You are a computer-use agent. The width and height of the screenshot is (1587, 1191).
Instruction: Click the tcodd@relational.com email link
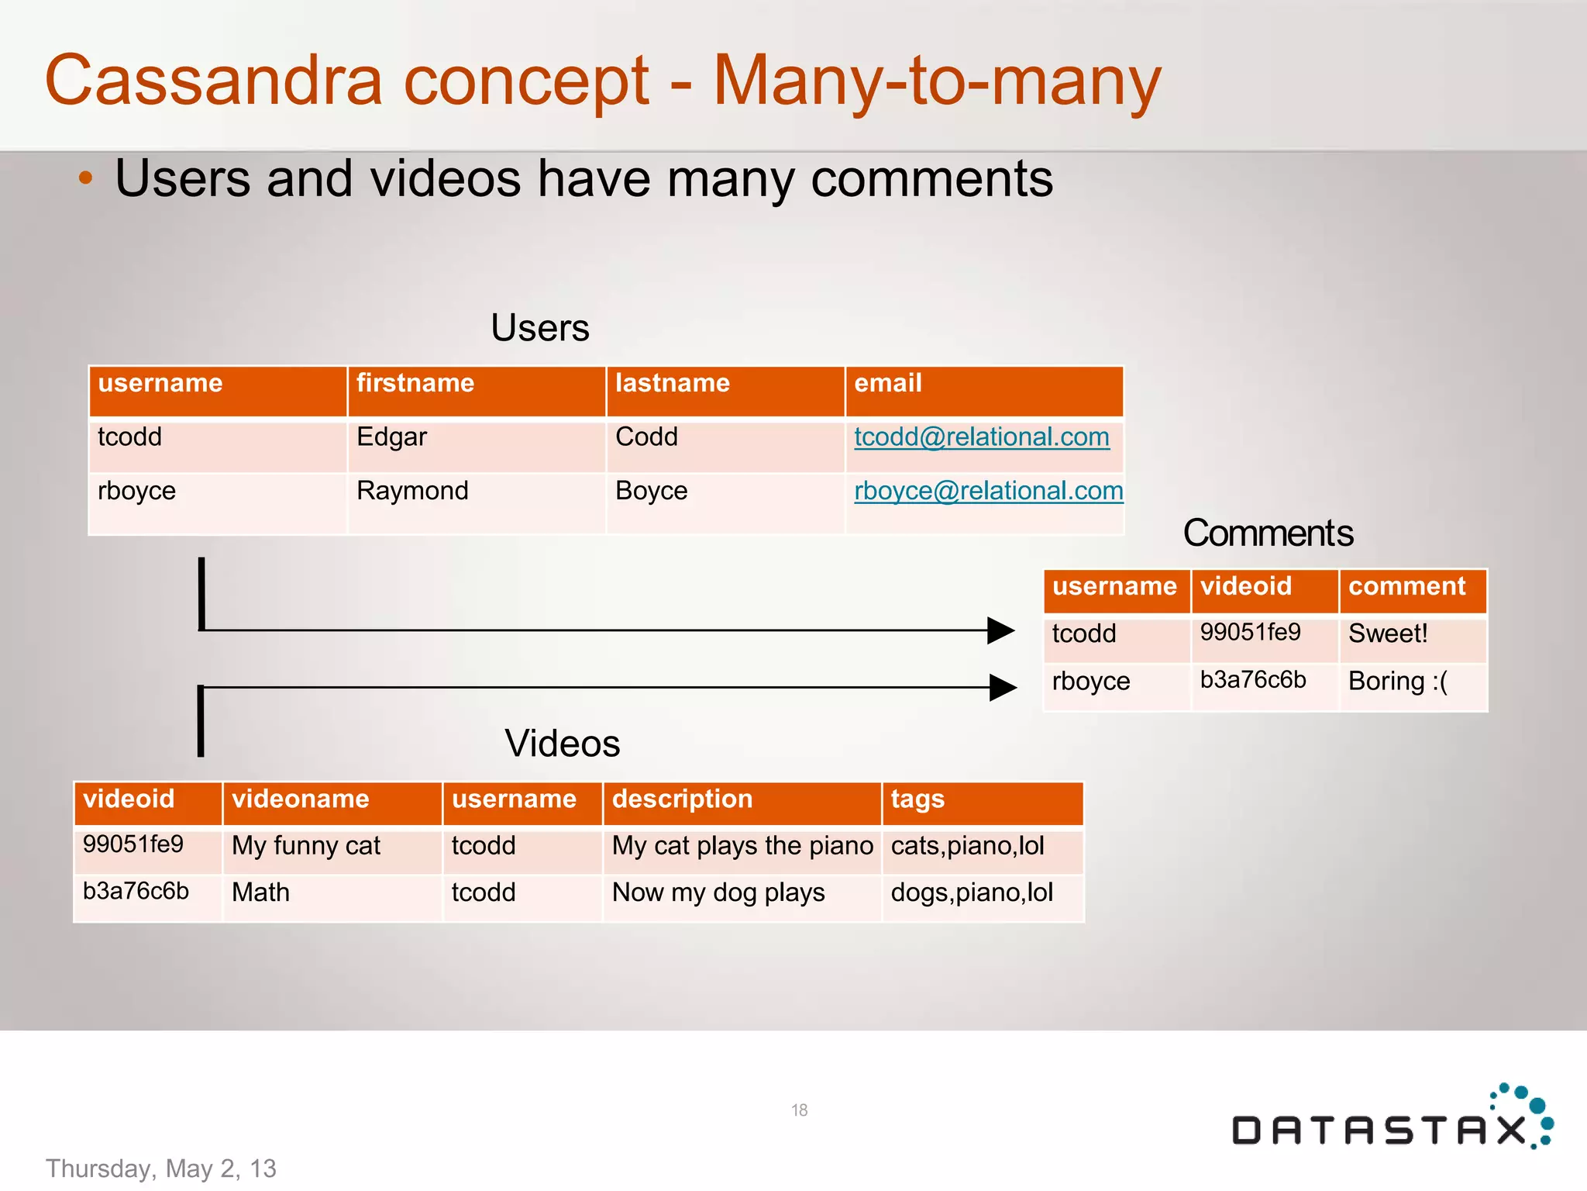(981, 437)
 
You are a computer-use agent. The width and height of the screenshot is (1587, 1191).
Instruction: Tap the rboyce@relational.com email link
(988, 491)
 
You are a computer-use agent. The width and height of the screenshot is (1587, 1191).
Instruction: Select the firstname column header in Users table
(415, 383)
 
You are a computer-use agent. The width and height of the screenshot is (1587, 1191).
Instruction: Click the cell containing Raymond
(412, 491)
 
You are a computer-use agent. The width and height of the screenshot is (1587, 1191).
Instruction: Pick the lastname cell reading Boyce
(651, 491)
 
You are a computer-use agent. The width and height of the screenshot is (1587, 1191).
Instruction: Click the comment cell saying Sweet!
(1387, 633)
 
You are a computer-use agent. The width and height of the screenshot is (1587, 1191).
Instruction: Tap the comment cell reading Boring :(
(1397, 681)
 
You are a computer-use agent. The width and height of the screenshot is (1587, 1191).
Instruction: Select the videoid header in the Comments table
(1245, 586)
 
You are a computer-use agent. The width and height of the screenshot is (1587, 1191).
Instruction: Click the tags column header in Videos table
(917, 799)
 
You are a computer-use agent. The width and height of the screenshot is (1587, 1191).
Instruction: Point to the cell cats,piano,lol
(967, 846)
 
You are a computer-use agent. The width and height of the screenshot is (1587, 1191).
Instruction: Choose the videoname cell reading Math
(260, 892)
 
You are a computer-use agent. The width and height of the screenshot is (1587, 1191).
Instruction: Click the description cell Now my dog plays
(718, 892)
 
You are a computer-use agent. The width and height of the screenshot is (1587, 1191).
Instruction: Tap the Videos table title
(562, 744)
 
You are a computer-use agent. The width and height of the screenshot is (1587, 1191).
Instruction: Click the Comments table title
(1268, 533)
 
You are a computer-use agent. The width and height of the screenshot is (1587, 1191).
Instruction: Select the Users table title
(540, 328)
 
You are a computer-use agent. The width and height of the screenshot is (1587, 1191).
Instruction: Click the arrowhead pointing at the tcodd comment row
(1000, 630)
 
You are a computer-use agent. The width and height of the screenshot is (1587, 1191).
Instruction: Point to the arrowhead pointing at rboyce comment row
(1003, 687)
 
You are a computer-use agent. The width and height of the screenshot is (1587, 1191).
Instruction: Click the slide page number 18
(799, 1110)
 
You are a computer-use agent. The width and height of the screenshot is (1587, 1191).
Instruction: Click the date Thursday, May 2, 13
(161, 1169)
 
